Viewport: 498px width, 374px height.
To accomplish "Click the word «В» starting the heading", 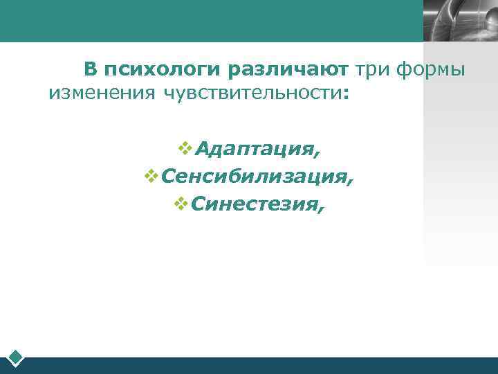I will coord(90,69).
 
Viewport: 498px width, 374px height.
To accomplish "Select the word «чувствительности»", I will coord(250,93).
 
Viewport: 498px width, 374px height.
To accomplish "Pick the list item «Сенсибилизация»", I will coord(254,177).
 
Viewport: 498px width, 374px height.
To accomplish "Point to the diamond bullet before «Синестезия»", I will coord(181,202).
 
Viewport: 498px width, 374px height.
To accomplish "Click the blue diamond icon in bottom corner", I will coord(16,357).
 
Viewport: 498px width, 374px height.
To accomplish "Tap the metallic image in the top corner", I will coord(461,21).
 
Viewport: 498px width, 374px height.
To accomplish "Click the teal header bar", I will coord(207,21).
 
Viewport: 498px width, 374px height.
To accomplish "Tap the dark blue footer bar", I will coord(263,365).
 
